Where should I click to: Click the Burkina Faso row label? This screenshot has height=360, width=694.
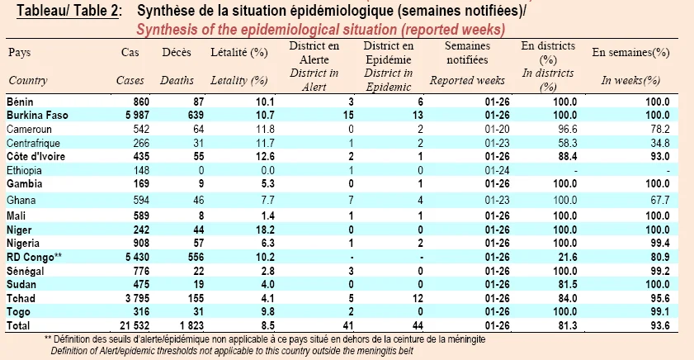point(37,116)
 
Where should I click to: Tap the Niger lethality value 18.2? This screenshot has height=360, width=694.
point(265,230)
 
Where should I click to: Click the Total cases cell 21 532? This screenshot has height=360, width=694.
point(135,326)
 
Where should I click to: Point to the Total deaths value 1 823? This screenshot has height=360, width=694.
point(191,326)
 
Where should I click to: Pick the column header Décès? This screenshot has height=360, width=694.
point(177,52)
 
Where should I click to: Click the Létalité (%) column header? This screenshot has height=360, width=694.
point(239,53)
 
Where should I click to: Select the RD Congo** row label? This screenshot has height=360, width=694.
point(34,258)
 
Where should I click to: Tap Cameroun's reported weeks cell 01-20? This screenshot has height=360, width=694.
point(497,130)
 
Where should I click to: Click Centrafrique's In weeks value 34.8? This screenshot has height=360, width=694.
point(660,143)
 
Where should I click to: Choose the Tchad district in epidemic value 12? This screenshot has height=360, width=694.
point(418,298)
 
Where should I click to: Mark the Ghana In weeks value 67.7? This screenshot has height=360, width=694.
point(660,200)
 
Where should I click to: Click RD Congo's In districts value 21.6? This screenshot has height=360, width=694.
point(568,258)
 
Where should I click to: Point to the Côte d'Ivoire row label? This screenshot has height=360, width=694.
point(35,157)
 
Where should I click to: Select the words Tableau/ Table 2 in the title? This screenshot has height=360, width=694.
point(68,11)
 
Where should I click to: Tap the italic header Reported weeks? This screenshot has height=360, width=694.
point(467,81)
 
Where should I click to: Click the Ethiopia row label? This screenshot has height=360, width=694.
point(24,170)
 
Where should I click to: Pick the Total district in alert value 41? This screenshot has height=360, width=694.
point(348,326)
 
